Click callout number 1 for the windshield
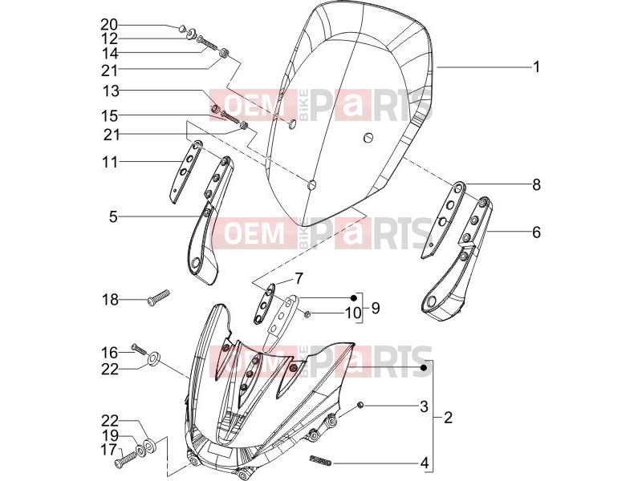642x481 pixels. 536,67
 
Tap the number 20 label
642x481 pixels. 109,25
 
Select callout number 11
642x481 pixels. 110,162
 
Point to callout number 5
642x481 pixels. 113,216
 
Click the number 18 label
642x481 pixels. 110,300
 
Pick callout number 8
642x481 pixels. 536,185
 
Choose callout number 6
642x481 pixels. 536,232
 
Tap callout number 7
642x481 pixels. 299,279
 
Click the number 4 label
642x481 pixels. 425,463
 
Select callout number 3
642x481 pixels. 424,406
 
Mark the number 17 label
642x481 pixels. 109,450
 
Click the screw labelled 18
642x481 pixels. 158,297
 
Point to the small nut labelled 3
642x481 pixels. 360,405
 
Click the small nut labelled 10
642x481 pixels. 308,313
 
